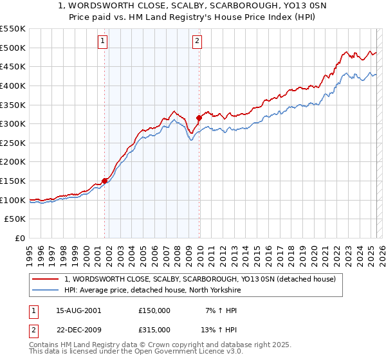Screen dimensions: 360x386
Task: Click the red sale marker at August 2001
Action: point(104,181)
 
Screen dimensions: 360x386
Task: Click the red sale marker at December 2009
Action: point(199,118)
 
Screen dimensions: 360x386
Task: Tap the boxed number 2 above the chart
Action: point(197,42)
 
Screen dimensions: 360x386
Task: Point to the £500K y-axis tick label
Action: point(13,48)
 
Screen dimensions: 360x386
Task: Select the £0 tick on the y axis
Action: point(20,238)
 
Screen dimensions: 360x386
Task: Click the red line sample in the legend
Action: point(46,279)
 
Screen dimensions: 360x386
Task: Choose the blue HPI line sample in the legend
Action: point(46,290)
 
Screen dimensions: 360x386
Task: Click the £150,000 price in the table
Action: point(154,310)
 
